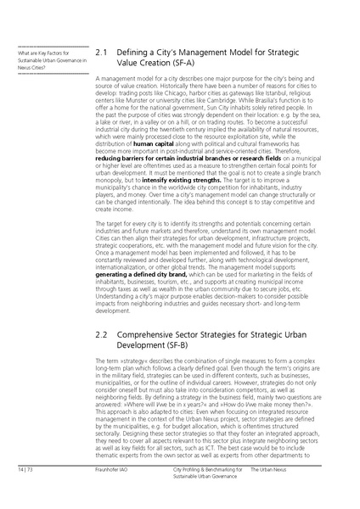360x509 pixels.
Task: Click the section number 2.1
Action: click(102, 53)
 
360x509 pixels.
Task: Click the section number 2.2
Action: click(102, 336)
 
